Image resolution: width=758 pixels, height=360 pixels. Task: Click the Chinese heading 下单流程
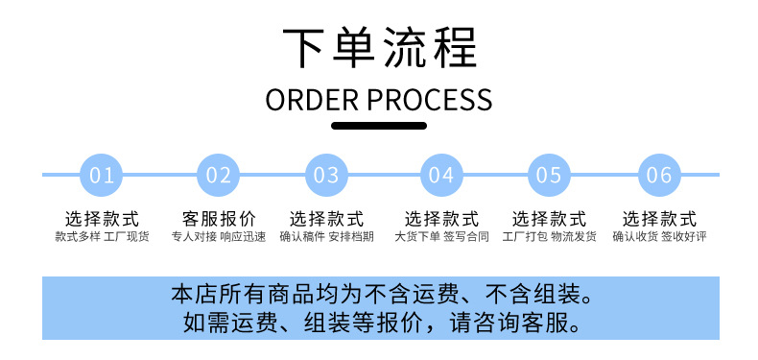(x=379, y=49)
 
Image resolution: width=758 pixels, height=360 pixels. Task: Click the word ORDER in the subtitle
(x=313, y=99)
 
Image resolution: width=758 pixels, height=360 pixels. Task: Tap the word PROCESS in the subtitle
(x=430, y=99)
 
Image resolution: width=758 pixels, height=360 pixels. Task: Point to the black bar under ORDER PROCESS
(x=379, y=125)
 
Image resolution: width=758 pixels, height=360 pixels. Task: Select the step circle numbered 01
(x=102, y=175)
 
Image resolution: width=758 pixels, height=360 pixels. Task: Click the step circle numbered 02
(x=219, y=175)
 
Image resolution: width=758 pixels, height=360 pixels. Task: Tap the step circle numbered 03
(x=326, y=175)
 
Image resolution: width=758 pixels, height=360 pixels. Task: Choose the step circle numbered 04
(x=441, y=175)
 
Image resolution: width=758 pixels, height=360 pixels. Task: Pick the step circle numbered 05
(x=549, y=175)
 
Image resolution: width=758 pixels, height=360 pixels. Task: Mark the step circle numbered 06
(x=659, y=175)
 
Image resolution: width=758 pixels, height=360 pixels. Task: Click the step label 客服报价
(x=219, y=219)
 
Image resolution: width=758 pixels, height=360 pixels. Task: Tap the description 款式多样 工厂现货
(x=102, y=236)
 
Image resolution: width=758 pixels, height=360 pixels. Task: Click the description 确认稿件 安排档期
(x=326, y=236)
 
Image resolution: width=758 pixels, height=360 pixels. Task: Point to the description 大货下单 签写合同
(x=441, y=236)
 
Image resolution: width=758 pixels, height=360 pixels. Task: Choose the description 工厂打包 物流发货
(x=549, y=236)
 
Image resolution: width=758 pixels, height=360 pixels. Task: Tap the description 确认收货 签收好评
(x=659, y=236)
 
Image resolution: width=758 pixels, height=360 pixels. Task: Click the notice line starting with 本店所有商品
(x=381, y=293)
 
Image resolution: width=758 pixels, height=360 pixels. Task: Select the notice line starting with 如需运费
(x=381, y=322)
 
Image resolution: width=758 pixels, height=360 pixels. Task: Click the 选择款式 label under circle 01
(x=102, y=219)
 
